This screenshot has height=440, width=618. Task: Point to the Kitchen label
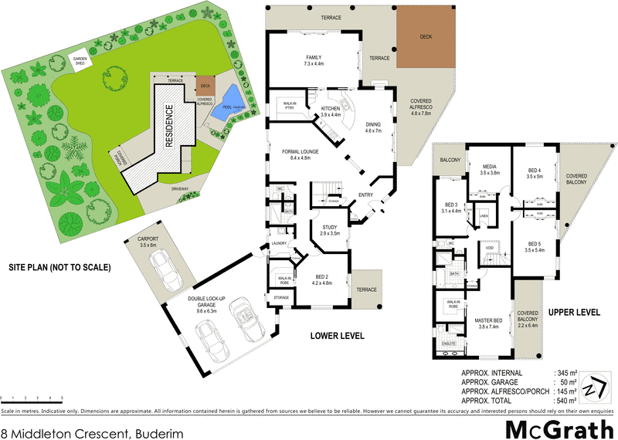click(x=341, y=112)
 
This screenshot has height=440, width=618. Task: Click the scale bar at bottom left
click(x=32, y=399)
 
